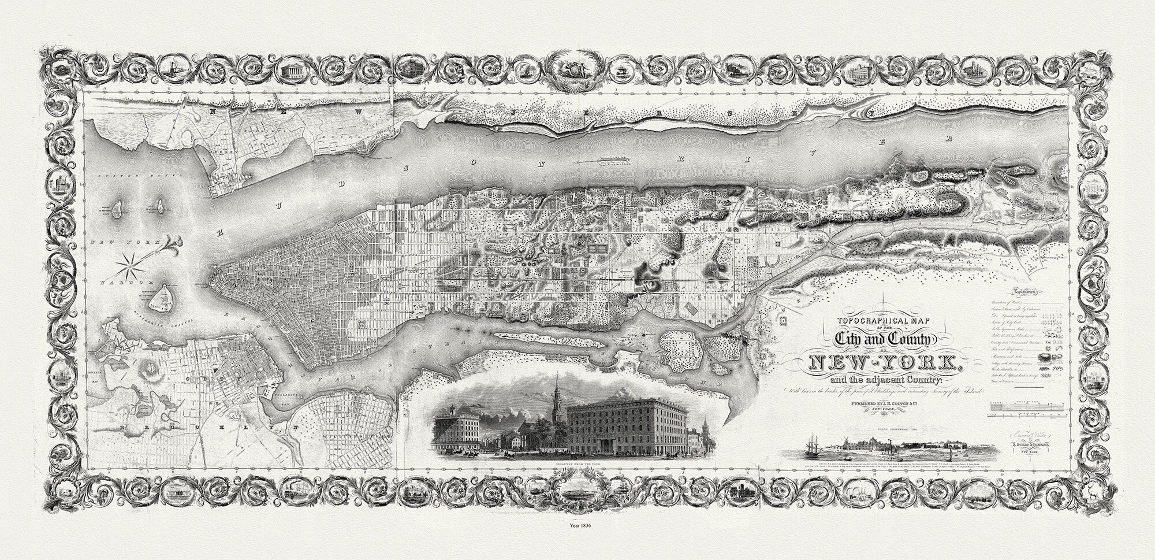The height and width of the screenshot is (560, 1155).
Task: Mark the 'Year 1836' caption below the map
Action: tap(577, 542)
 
